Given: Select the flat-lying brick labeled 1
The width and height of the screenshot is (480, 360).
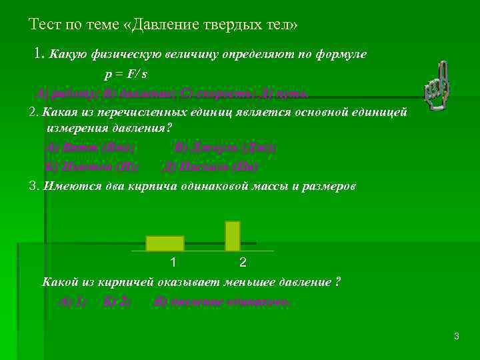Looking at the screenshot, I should click(x=165, y=243).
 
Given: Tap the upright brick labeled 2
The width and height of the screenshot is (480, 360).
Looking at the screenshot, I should click(x=232, y=235).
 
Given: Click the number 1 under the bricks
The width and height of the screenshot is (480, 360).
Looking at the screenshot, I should click(x=173, y=262).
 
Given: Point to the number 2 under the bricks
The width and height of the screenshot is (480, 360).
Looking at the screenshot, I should click(x=243, y=262).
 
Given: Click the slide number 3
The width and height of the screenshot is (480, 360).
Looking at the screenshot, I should click(x=456, y=337).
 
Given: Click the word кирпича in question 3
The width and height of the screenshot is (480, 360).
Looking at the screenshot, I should click(x=163, y=186).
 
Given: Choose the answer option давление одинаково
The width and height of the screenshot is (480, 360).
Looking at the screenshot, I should click(x=222, y=301).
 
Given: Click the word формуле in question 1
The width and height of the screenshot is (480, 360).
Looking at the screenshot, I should click(x=341, y=54).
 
